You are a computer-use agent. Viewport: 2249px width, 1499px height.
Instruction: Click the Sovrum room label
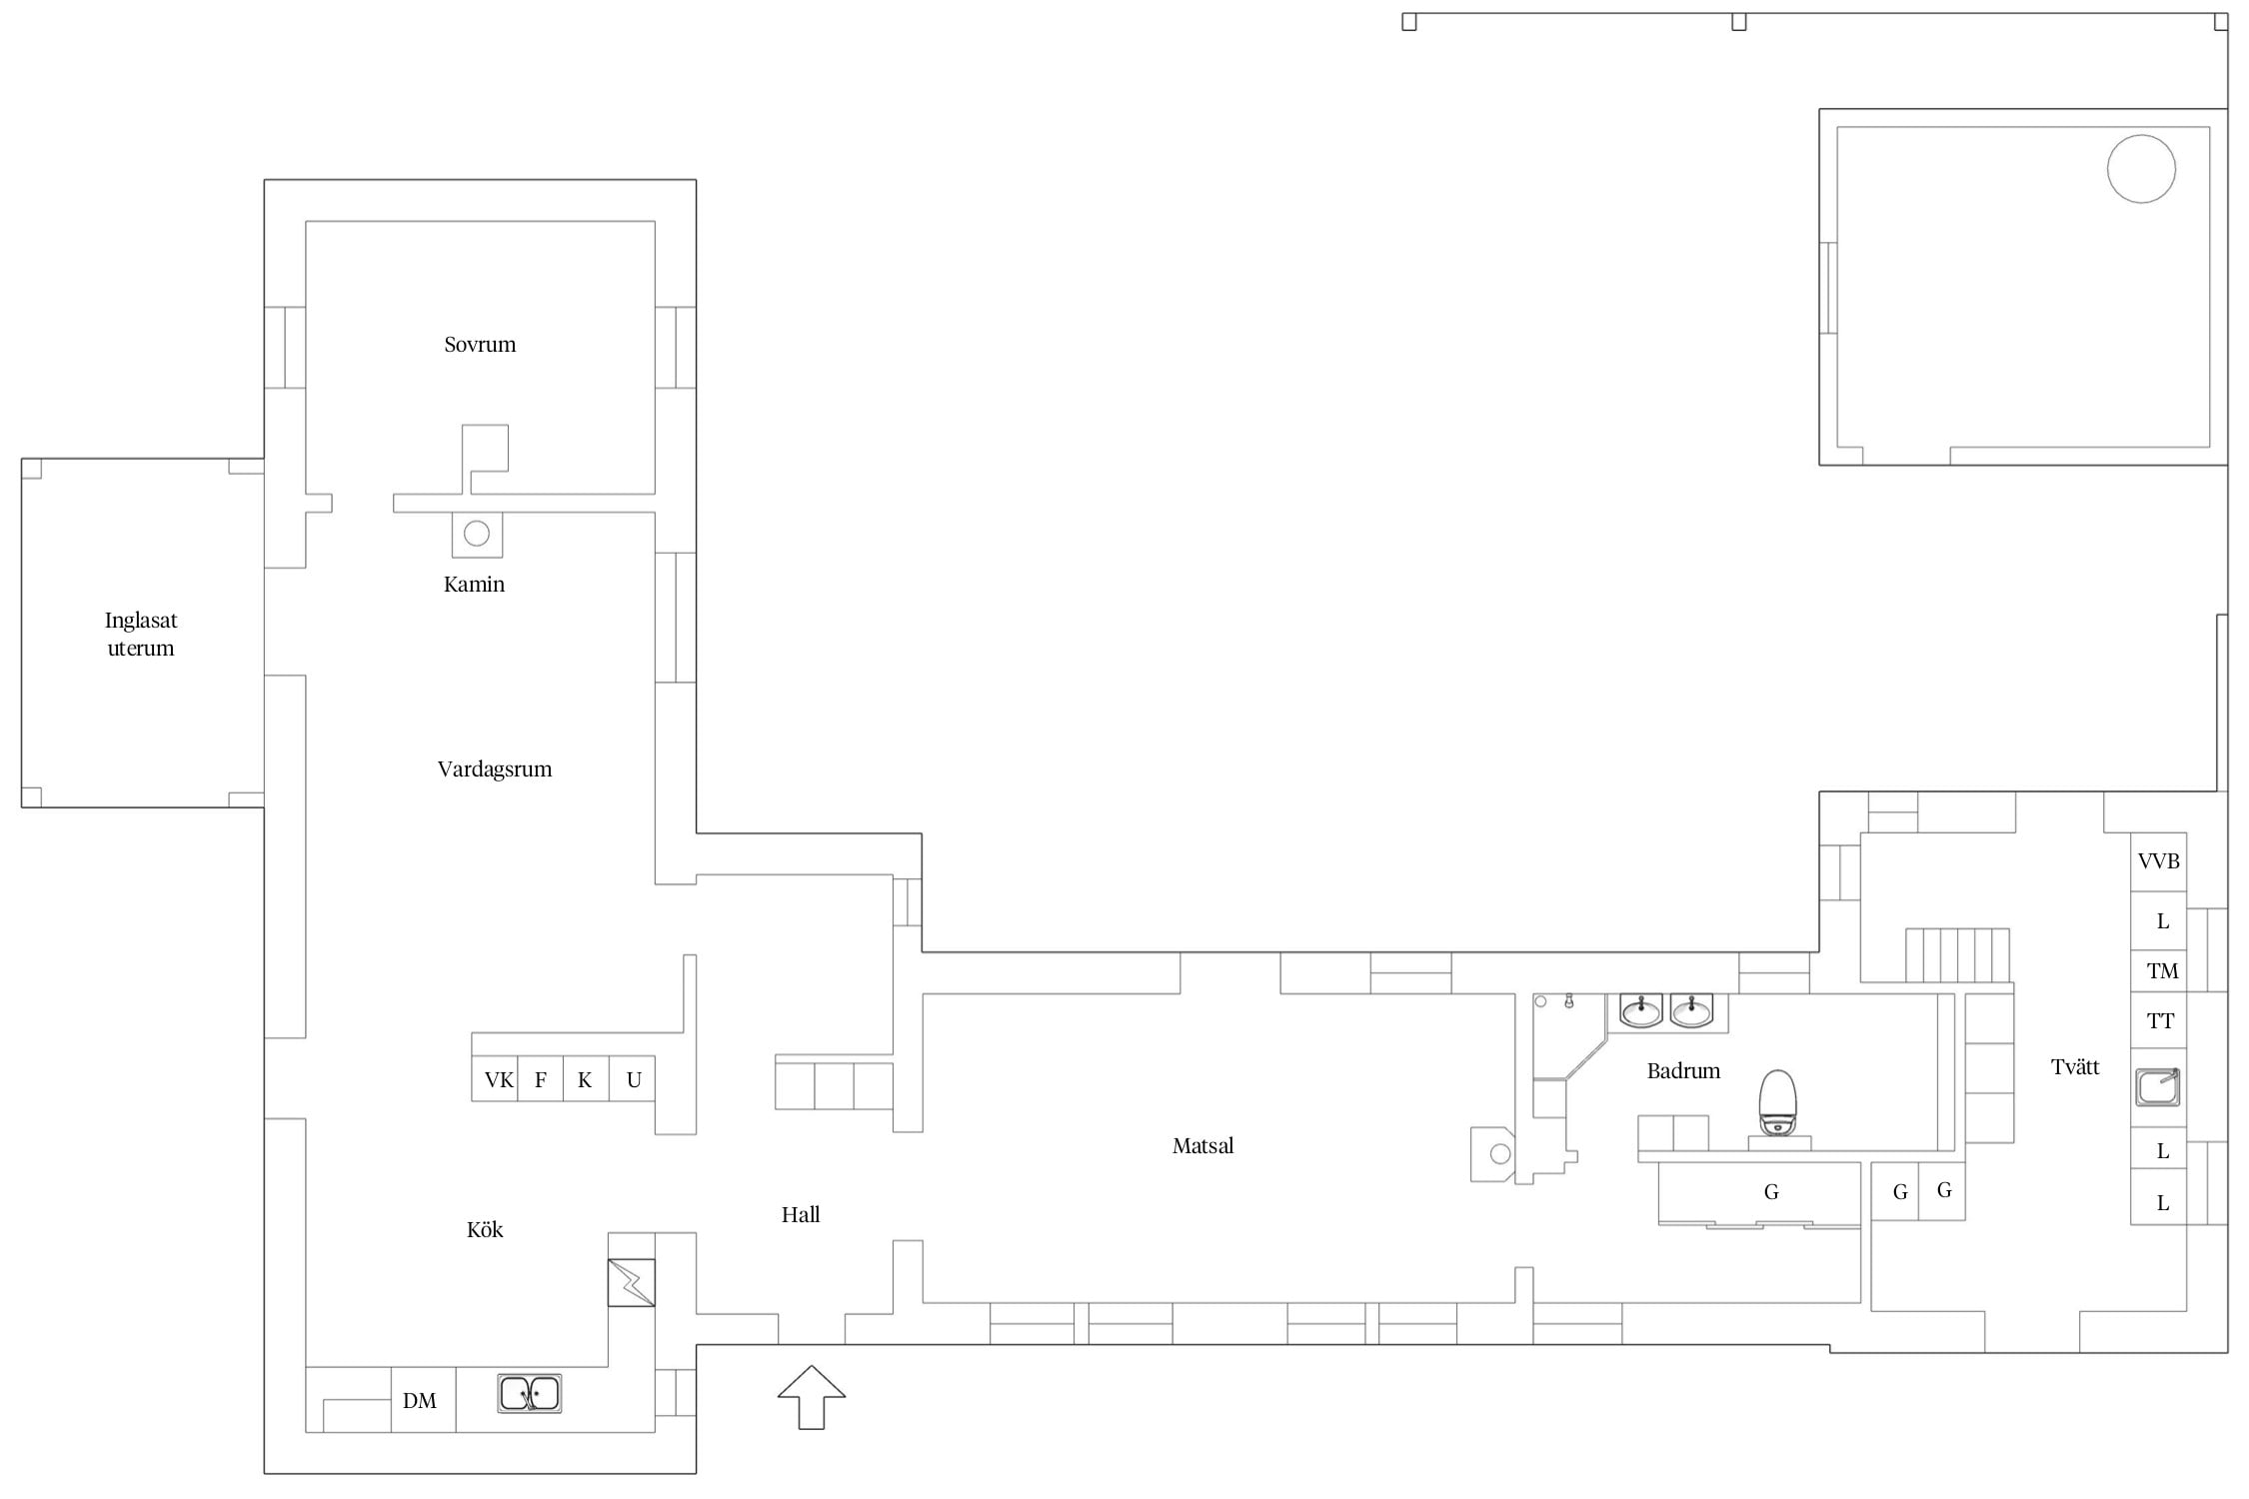pyautogui.click(x=480, y=345)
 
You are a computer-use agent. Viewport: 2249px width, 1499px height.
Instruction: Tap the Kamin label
pyautogui.click(x=474, y=585)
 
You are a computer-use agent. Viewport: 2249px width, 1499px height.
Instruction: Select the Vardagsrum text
pyautogui.click(x=495, y=769)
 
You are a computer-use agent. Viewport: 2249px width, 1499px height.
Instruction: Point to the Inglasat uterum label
pyautogui.click(x=141, y=634)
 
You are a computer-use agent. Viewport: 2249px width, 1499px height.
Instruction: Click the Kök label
pyautogui.click(x=485, y=1229)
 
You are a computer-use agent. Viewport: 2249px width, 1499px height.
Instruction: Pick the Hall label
pyautogui.click(x=801, y=1214)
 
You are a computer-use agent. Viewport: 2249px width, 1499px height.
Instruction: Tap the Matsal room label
pyautogui.click(x=1202, y=1145)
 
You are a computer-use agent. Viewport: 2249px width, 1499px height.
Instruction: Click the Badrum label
pyautogui.click(x=1683, y=1071)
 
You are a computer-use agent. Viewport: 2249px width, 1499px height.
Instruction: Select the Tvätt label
pyautogui.click(x=2075, y=1066)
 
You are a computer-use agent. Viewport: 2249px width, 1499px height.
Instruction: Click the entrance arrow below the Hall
pyautogui.click(x=812, y=1397)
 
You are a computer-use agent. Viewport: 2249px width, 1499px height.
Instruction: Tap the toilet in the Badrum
pyautogui.click(x=1777, y=1104)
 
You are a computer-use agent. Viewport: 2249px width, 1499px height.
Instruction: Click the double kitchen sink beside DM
pyautogui.click(x=530, y=1393)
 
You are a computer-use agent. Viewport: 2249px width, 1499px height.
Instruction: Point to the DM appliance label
pyautogui.click(x=420, y=1401)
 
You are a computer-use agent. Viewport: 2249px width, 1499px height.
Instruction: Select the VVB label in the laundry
pyautogui.click(x=2158, y=860)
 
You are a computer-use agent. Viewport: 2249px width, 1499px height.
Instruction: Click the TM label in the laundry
pyautogui.click(x=2162, y=970)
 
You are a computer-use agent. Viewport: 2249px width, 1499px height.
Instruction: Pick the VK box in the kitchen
pyautogui.click(x=495, y=1078)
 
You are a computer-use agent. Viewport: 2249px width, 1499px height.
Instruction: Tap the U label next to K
pyautogui.click(x=634, y=1079)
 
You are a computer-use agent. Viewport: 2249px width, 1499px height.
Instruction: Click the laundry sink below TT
pyautogui.click(x=2158, y=1086)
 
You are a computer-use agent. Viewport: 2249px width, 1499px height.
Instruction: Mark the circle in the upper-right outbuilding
pyautogui.click(x=2141, y=169)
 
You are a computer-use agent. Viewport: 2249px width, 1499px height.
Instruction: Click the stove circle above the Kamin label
pyautogui.click(x=477, y=534)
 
